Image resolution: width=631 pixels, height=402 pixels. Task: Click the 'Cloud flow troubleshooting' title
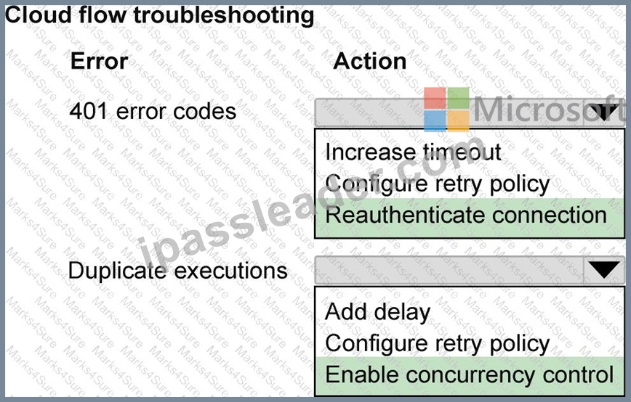160,16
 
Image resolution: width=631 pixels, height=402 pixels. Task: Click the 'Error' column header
100,62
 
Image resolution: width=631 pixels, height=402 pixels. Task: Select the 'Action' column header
370,62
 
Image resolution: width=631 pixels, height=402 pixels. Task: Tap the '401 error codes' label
153,111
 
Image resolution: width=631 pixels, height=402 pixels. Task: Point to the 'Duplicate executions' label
178,270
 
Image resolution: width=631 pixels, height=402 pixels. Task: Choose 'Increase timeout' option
413,152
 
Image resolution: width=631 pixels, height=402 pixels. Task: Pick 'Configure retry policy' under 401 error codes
438,184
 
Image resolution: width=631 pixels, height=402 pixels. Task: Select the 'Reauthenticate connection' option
466,215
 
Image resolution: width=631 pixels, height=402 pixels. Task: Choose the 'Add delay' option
377,311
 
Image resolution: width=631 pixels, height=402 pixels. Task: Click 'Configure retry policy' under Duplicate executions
438,344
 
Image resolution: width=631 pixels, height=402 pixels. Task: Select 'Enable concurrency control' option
469,374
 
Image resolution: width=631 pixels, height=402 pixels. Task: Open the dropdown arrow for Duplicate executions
603,270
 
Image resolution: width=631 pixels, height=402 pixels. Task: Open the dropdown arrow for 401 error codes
603,112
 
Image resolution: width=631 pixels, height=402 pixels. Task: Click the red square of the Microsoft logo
435,98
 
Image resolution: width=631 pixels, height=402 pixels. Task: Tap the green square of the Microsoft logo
459,98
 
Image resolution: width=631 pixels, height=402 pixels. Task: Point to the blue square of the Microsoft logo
435,121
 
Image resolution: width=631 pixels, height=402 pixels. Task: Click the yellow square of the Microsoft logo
459,121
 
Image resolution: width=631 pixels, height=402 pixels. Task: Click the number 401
89,111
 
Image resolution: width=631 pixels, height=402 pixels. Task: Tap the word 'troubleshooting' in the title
224,16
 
